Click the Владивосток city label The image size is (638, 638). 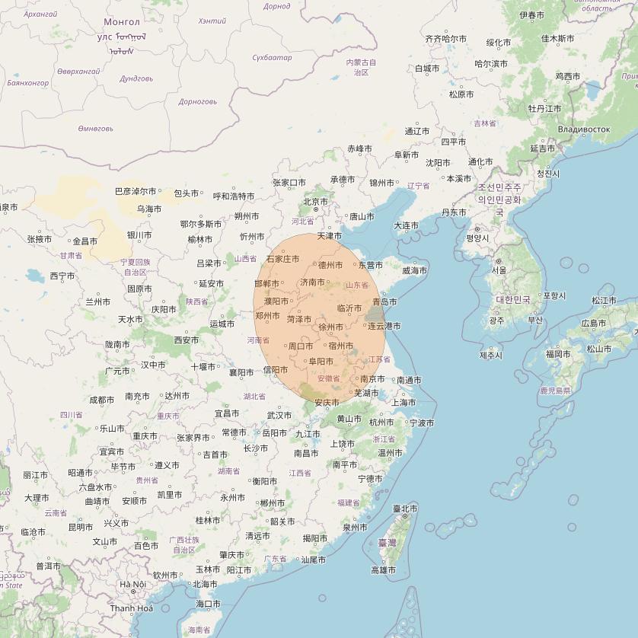coord(584,129)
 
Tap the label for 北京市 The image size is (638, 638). coord(315,202)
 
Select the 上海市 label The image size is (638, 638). coord(403,402)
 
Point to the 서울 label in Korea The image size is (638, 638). coord(499,270)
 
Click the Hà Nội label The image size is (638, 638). coord(132,584)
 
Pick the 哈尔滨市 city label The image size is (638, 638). coord(491,64)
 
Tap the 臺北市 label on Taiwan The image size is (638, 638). coord(405,508)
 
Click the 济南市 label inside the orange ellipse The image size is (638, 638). coord(312,282)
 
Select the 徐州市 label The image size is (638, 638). coord(330,327)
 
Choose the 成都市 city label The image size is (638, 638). coord(101,399)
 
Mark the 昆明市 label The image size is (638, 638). coord(81,527)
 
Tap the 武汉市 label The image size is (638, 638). coord(279,415)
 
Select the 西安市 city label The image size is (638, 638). coord(187,340)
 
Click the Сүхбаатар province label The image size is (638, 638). coord(272,58)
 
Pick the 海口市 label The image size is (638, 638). coord(208,604)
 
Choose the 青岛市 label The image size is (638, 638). coord(384,301)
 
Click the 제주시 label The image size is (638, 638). coord(491,355)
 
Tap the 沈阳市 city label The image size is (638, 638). coord(438,162)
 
